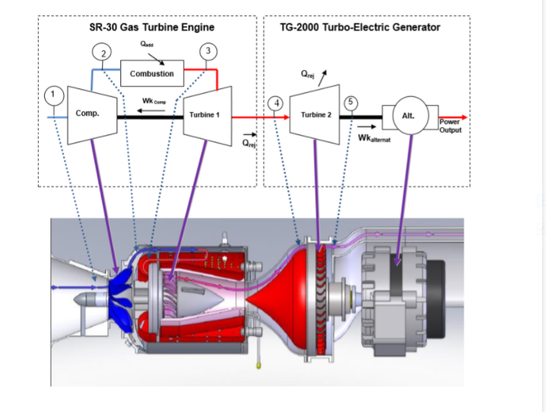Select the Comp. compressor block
(88, 114)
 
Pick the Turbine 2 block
(316, 114)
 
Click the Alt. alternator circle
(409, 116)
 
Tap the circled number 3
(210, 51)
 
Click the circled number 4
(276, 103)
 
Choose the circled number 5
(350, 102)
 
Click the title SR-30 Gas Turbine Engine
(152, 27)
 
